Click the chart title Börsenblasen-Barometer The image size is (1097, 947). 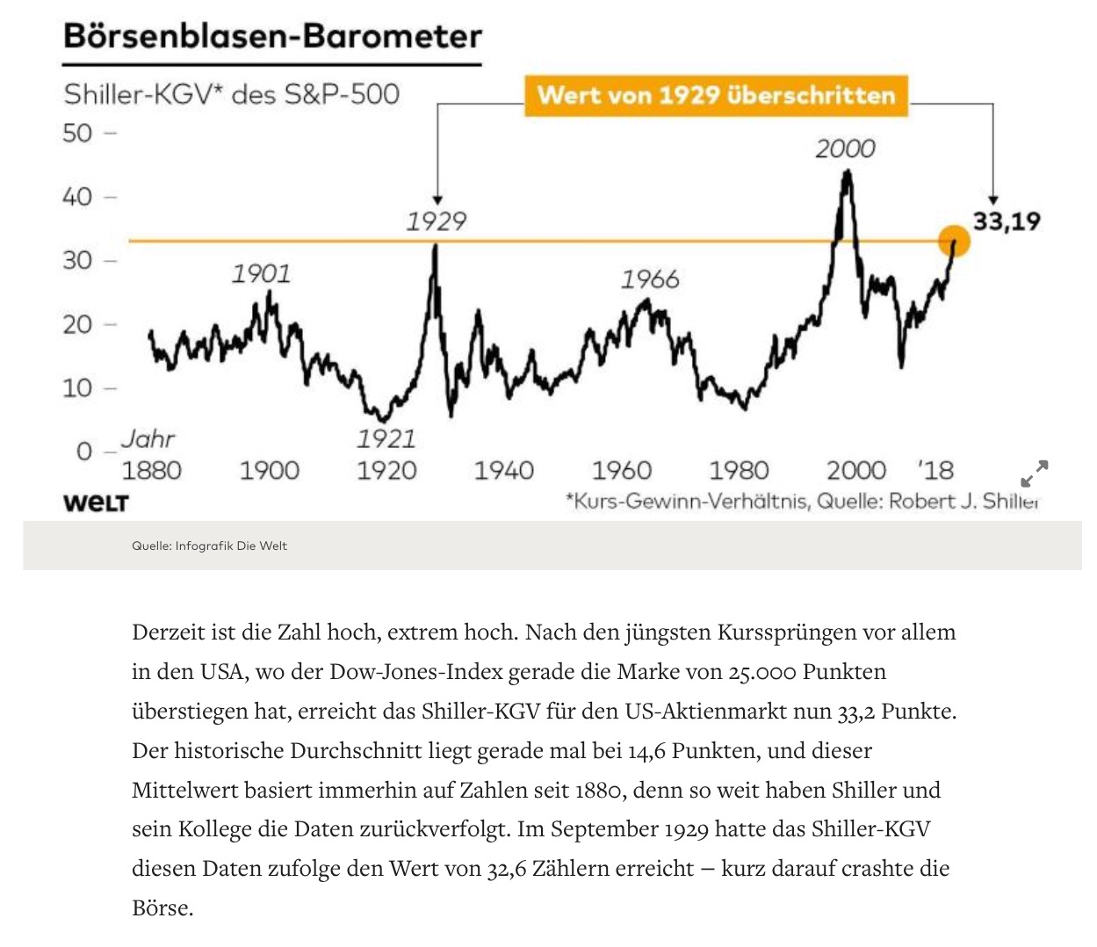point(272,37)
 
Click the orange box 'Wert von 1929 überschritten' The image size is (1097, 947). point(716,95)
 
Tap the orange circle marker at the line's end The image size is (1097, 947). point(954,241)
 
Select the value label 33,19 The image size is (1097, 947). point(1006,220)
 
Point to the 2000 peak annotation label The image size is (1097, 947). point(845,148)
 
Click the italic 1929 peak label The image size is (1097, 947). point(436,220)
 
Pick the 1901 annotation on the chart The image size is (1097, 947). point(261,274)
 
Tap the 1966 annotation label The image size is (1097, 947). point(650,279)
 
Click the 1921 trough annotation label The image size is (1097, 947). point(386,437)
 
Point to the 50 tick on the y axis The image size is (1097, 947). point(77,134)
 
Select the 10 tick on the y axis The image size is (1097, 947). point(77,387)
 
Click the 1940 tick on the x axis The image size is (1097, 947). point(503,471)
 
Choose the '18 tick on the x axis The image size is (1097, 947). point(936,471)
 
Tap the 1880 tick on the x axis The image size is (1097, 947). point(151,471)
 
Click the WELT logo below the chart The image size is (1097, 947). point(96,503)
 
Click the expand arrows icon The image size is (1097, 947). point(1034,473)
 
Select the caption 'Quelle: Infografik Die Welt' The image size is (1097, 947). point(209,546)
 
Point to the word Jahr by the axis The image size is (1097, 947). point(148,438)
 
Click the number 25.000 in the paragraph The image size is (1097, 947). point(762,672)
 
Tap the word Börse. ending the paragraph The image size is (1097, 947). point(162,908)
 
